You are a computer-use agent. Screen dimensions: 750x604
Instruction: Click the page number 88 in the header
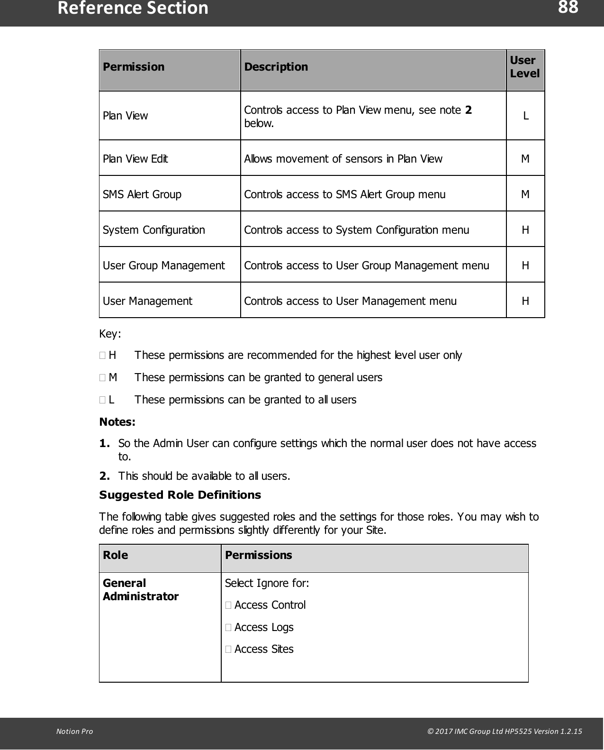(568, 8)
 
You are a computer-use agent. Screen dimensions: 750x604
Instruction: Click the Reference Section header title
(133, 9)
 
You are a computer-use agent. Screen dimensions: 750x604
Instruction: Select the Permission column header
(134, 67)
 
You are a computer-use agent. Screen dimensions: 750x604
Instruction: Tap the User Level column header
(524, 67)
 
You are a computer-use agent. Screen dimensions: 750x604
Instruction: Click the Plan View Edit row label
(135, 159)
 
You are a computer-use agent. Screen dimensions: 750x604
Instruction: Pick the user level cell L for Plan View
(525, 116)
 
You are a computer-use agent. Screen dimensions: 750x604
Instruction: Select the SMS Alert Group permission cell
(142, 194)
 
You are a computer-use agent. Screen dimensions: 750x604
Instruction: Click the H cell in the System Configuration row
(525, 230)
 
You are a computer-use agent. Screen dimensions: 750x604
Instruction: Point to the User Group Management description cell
(366, 265)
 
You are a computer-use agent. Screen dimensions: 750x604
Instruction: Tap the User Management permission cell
(147, 301)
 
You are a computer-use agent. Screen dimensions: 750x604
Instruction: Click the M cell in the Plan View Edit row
(525, 159)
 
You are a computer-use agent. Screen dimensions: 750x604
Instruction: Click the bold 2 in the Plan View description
(468, 110)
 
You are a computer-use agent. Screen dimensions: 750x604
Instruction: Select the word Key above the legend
(109, 334)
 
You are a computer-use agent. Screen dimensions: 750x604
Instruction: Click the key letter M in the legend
(113, 377)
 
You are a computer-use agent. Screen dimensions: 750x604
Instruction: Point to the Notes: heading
(117, 422)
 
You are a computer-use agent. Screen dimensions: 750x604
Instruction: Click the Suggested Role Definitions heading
(180, 495)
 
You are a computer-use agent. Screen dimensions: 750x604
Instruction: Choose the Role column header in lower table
(115, 555)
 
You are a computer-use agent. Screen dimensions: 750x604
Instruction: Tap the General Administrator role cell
(140, 590)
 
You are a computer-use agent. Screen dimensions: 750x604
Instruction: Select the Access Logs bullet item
(263, 627)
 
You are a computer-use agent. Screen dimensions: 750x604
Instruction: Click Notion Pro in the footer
(74, 731)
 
